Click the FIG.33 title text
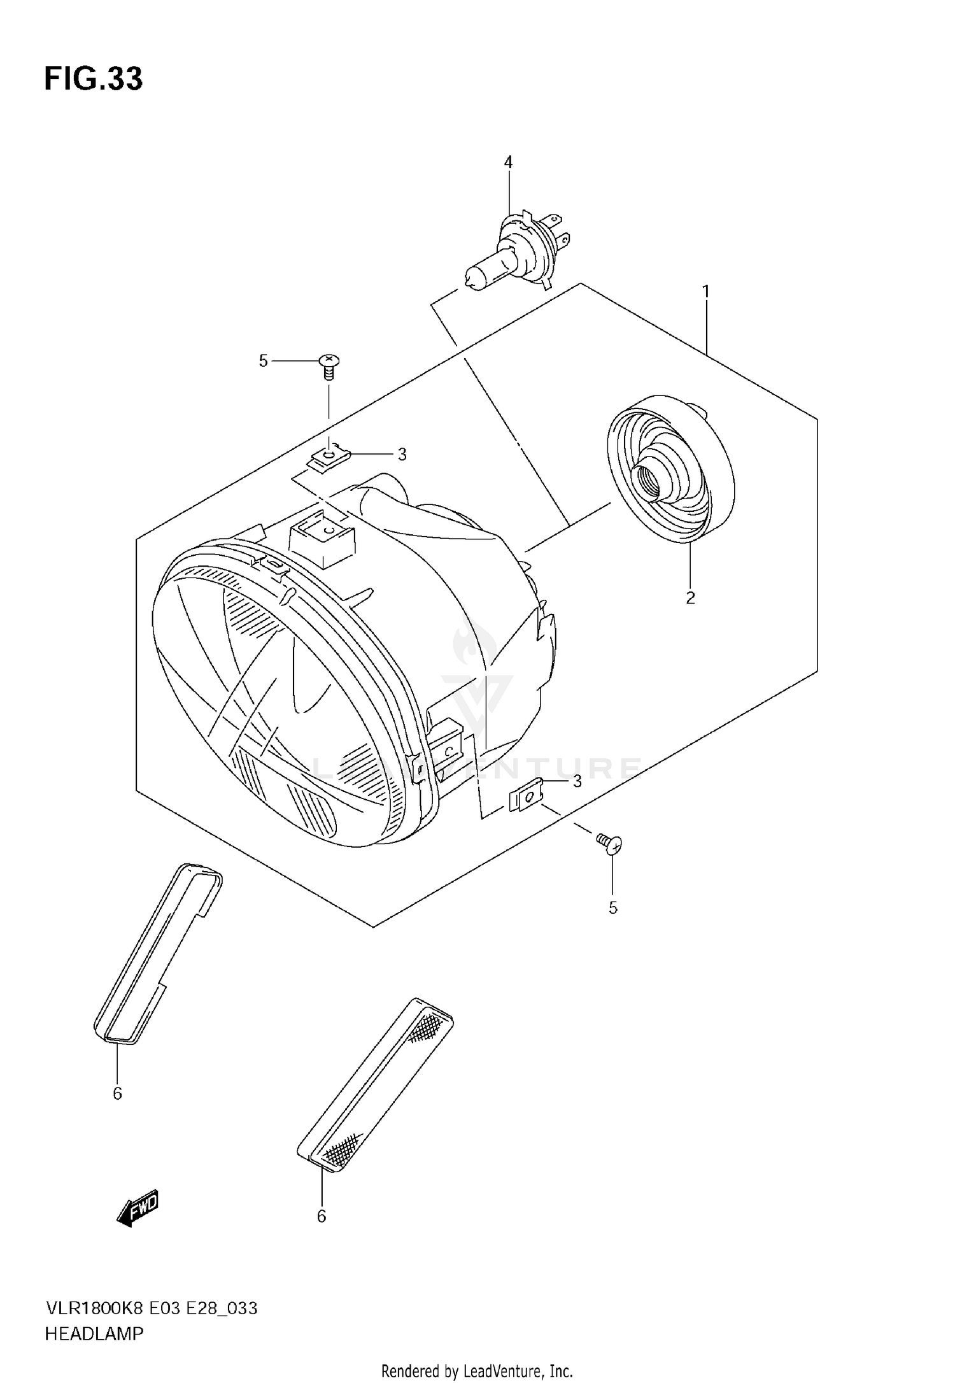point(94,79)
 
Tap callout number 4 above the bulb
point(508,163)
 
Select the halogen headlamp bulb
point(513,255)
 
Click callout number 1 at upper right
point(705,292)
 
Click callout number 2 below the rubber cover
point(690,598)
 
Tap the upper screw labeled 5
point(329,365)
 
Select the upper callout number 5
point(263,361)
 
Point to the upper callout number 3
point(402,455)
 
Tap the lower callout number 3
point(577,781)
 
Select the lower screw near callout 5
point(610,843)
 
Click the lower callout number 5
point(612,908)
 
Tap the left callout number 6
point(117,1093)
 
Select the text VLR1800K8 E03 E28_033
point(151,1308)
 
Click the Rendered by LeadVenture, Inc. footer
point(477,1370)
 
